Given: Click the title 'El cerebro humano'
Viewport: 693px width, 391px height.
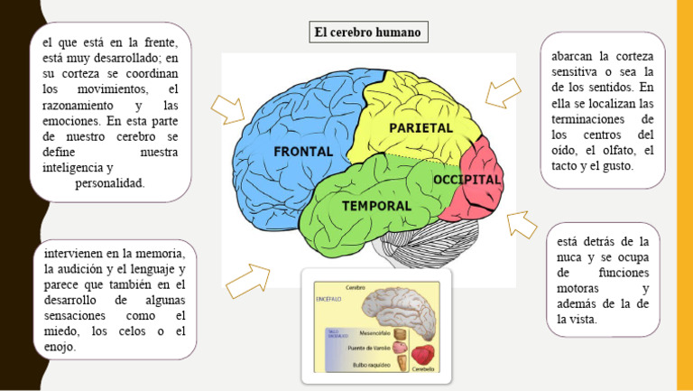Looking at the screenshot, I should click(x=366, y=33).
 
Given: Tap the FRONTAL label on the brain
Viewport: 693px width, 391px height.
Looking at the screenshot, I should click(x=303, y=151).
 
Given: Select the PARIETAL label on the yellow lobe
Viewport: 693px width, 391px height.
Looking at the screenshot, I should click(x=420, y=128).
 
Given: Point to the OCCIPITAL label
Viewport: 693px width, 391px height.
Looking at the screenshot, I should click(x=467, y=180).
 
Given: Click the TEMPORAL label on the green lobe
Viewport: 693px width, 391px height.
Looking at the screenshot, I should click(x=376, y=206).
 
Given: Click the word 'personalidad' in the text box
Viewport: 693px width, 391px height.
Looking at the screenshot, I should click(x=109, y=183).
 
